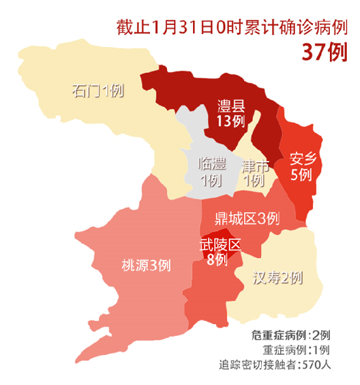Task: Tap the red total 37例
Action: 323,52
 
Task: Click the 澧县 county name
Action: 231,107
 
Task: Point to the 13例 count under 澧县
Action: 231,122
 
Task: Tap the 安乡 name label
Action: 303,158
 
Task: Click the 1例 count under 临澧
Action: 211,180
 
